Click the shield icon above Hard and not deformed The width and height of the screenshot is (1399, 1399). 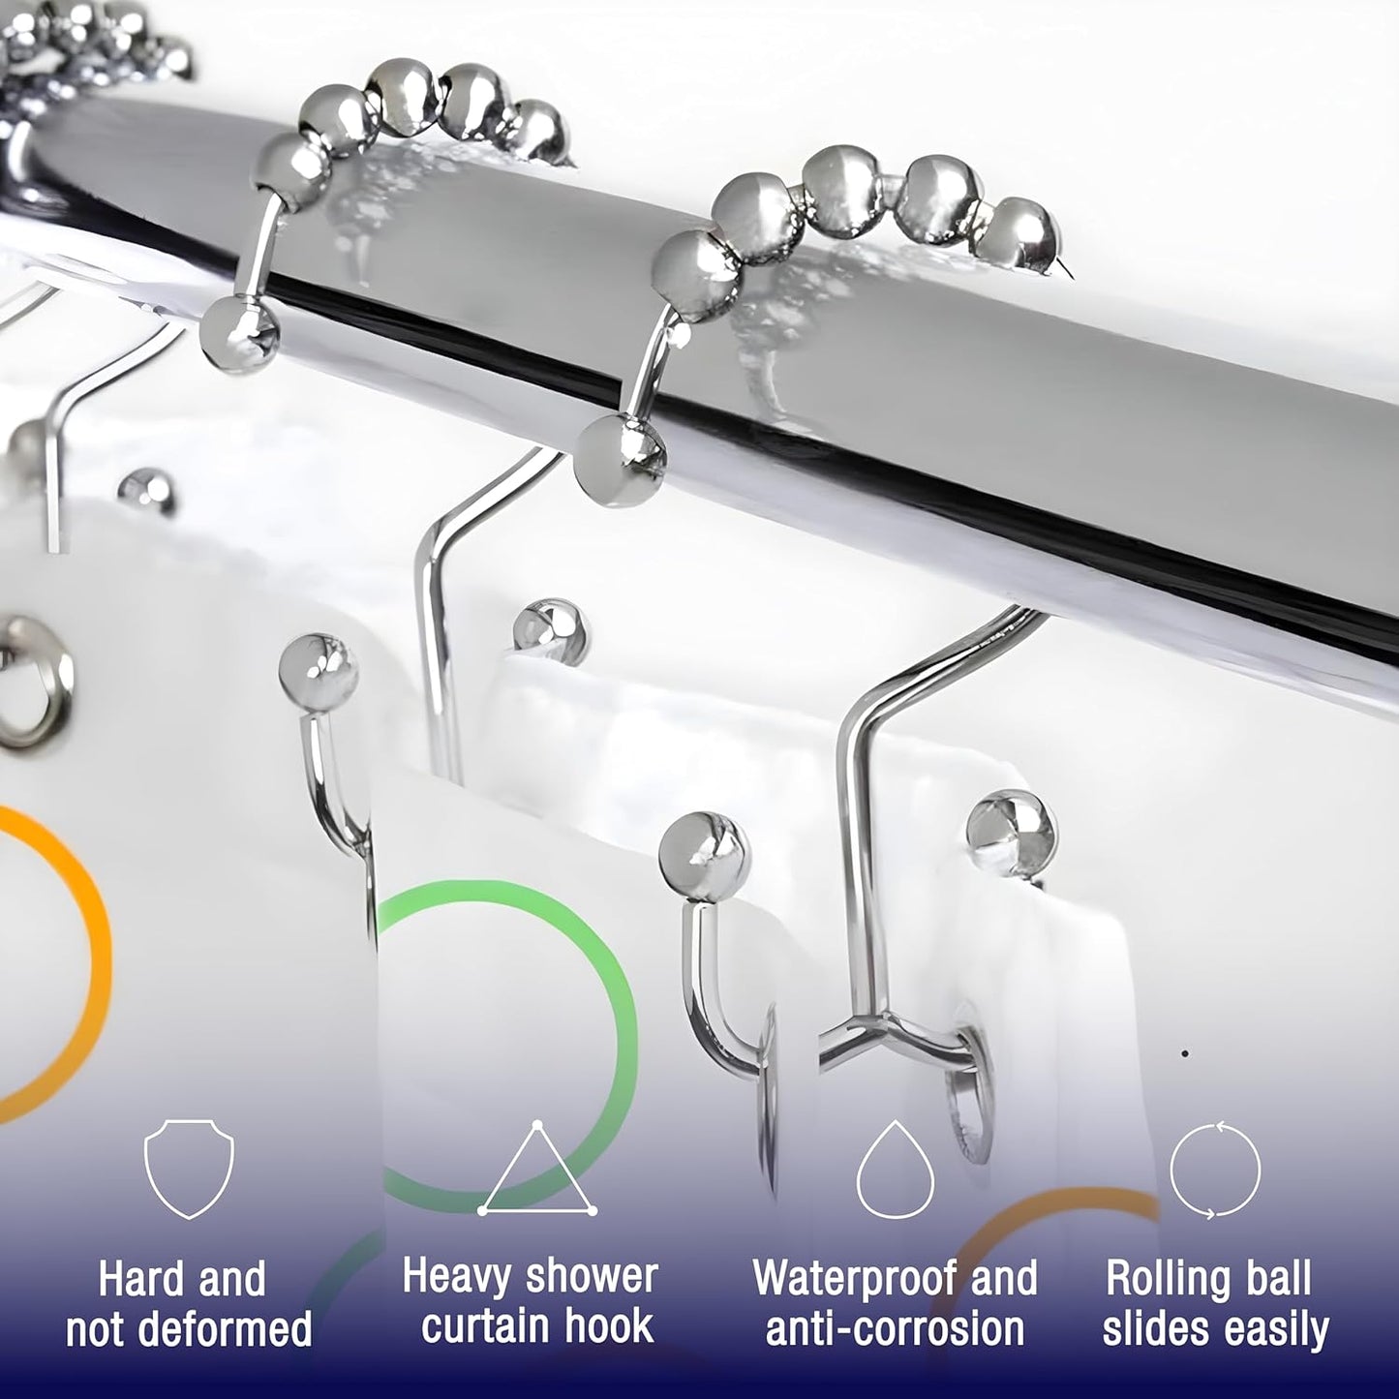click(x=189, y=1171)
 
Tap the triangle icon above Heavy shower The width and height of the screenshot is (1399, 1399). click(x=537, y=1172)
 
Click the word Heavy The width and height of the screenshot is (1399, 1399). click(x=455, y=1277)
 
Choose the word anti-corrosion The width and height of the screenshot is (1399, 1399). click(x=895, y=1328)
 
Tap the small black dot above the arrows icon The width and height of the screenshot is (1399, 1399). click(x=1186, y=1052)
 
